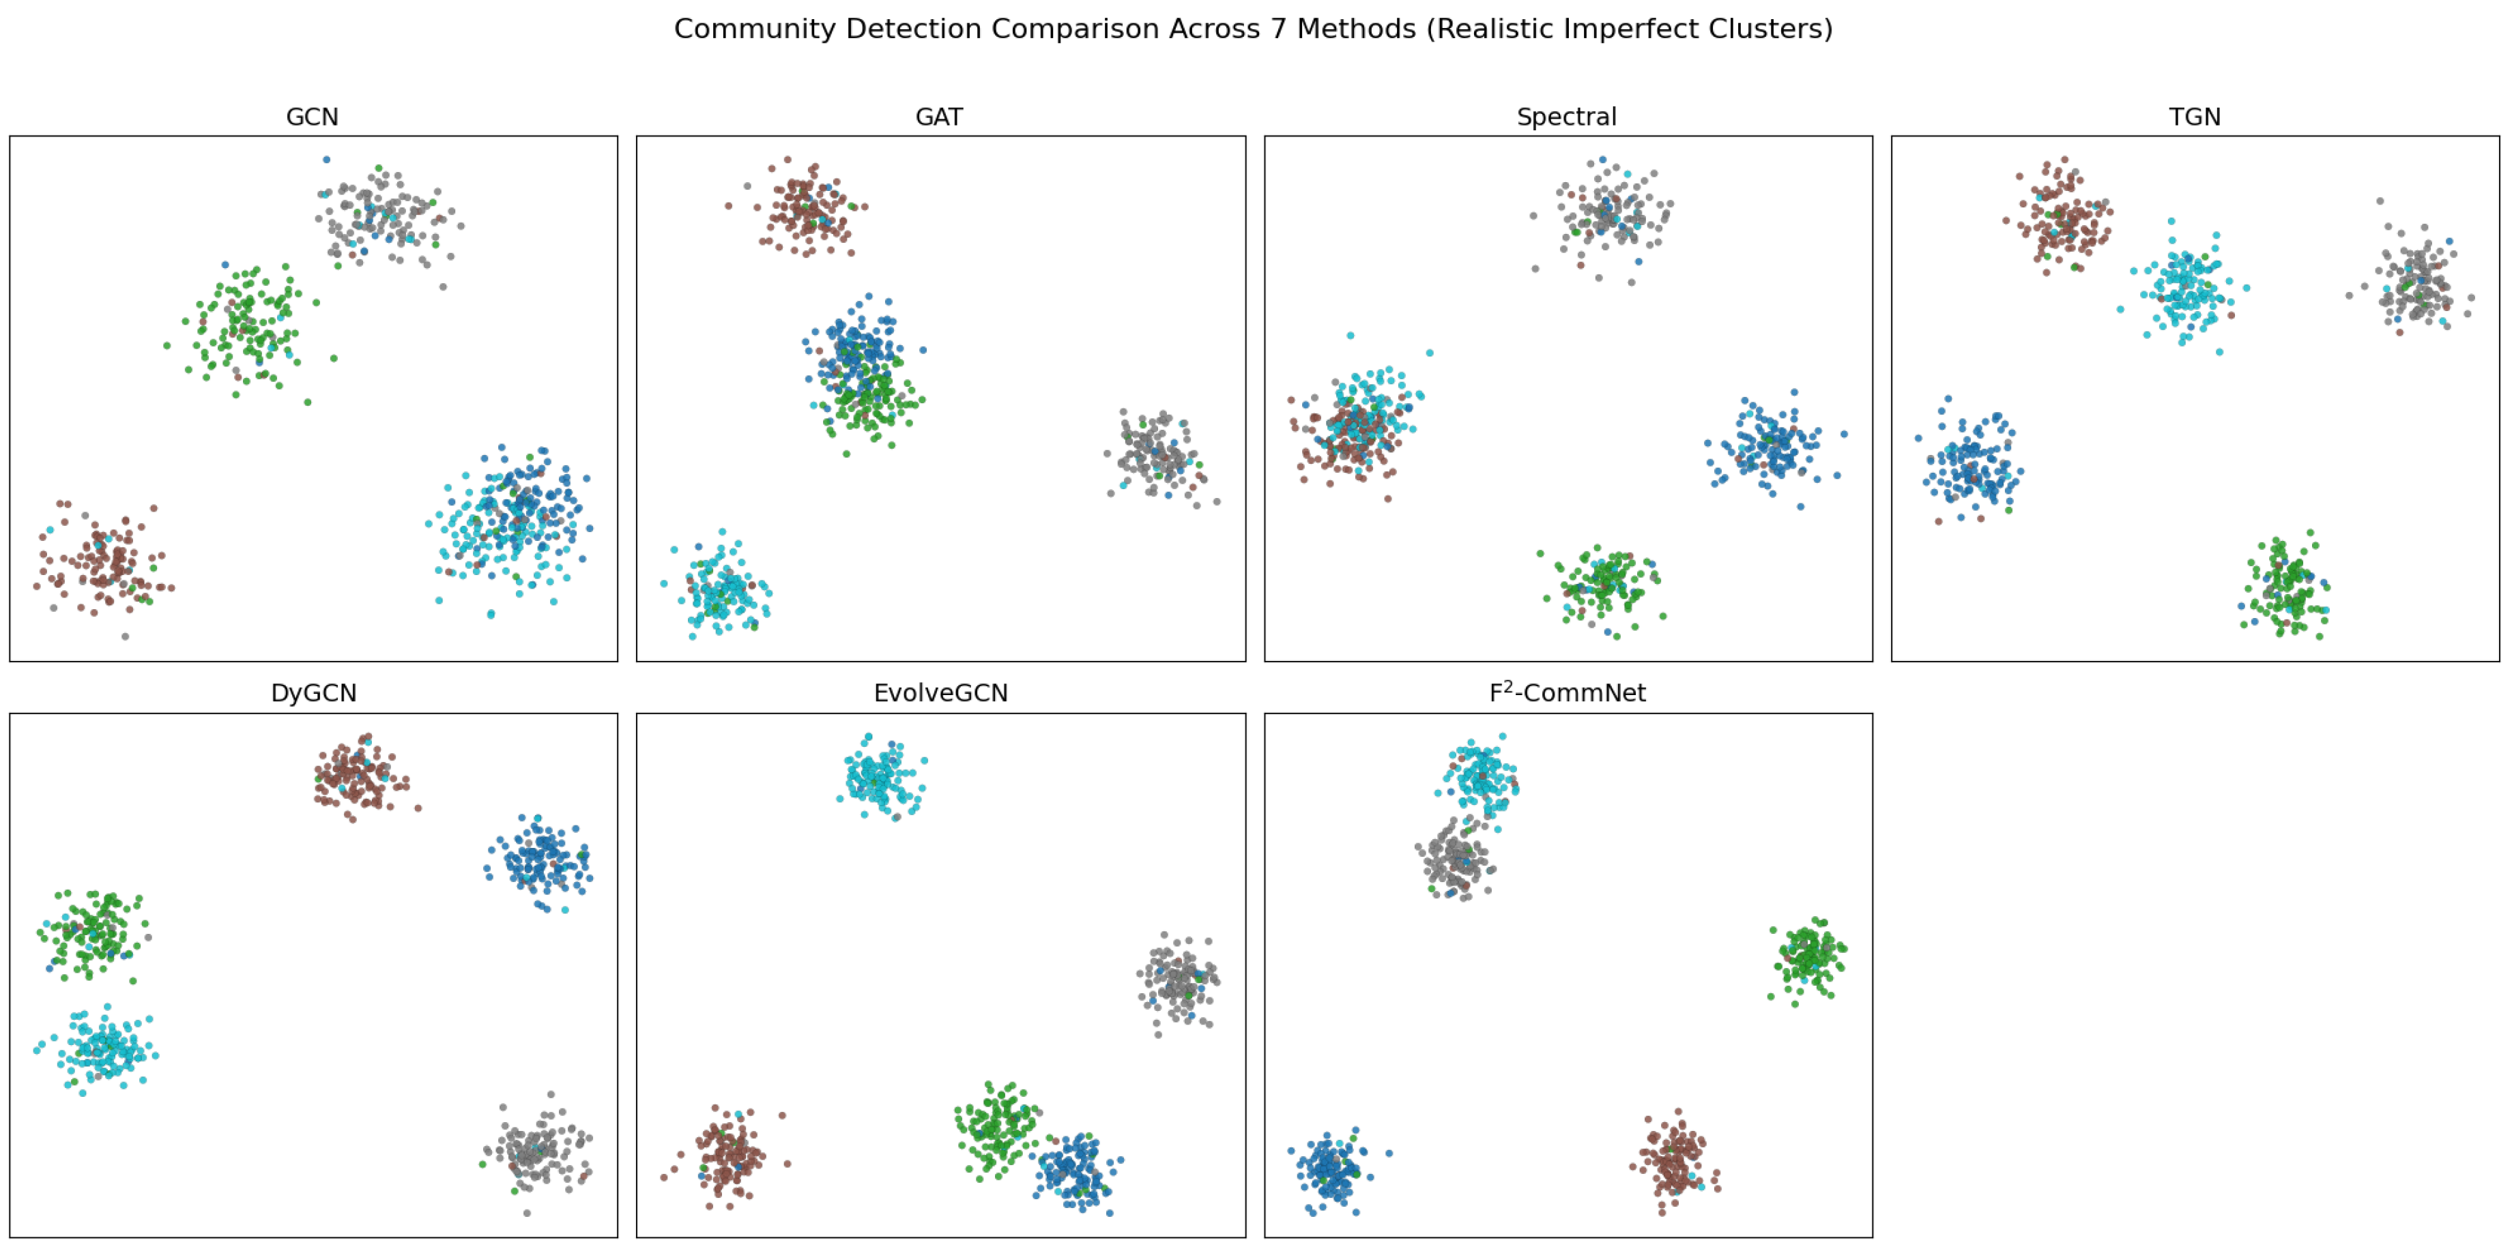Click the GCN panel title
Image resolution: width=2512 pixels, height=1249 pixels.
(x=312, y=117)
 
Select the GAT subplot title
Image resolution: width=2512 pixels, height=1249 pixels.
(x=939, y=117)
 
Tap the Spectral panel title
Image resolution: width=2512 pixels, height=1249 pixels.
(x=1566, y=117)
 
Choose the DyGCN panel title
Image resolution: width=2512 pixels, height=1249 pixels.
(x=313, y=693)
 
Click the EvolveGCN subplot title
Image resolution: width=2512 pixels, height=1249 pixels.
(x=940, y=693)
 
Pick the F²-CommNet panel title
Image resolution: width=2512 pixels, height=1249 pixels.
(x=1567, y=692)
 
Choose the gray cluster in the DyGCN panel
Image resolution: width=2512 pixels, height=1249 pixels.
(x=536, y=1151)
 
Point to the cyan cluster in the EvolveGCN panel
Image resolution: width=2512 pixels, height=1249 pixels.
(x=880, y=777)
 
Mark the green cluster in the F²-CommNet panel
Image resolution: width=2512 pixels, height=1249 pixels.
(x=1807, y=958)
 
